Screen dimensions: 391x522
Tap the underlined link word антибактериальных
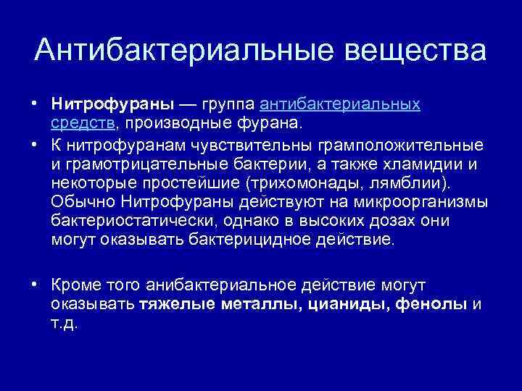340,104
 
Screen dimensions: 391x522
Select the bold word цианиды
347,304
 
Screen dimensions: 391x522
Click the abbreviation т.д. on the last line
65,323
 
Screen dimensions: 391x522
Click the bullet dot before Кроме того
36,285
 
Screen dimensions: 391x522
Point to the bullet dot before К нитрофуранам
36,143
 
